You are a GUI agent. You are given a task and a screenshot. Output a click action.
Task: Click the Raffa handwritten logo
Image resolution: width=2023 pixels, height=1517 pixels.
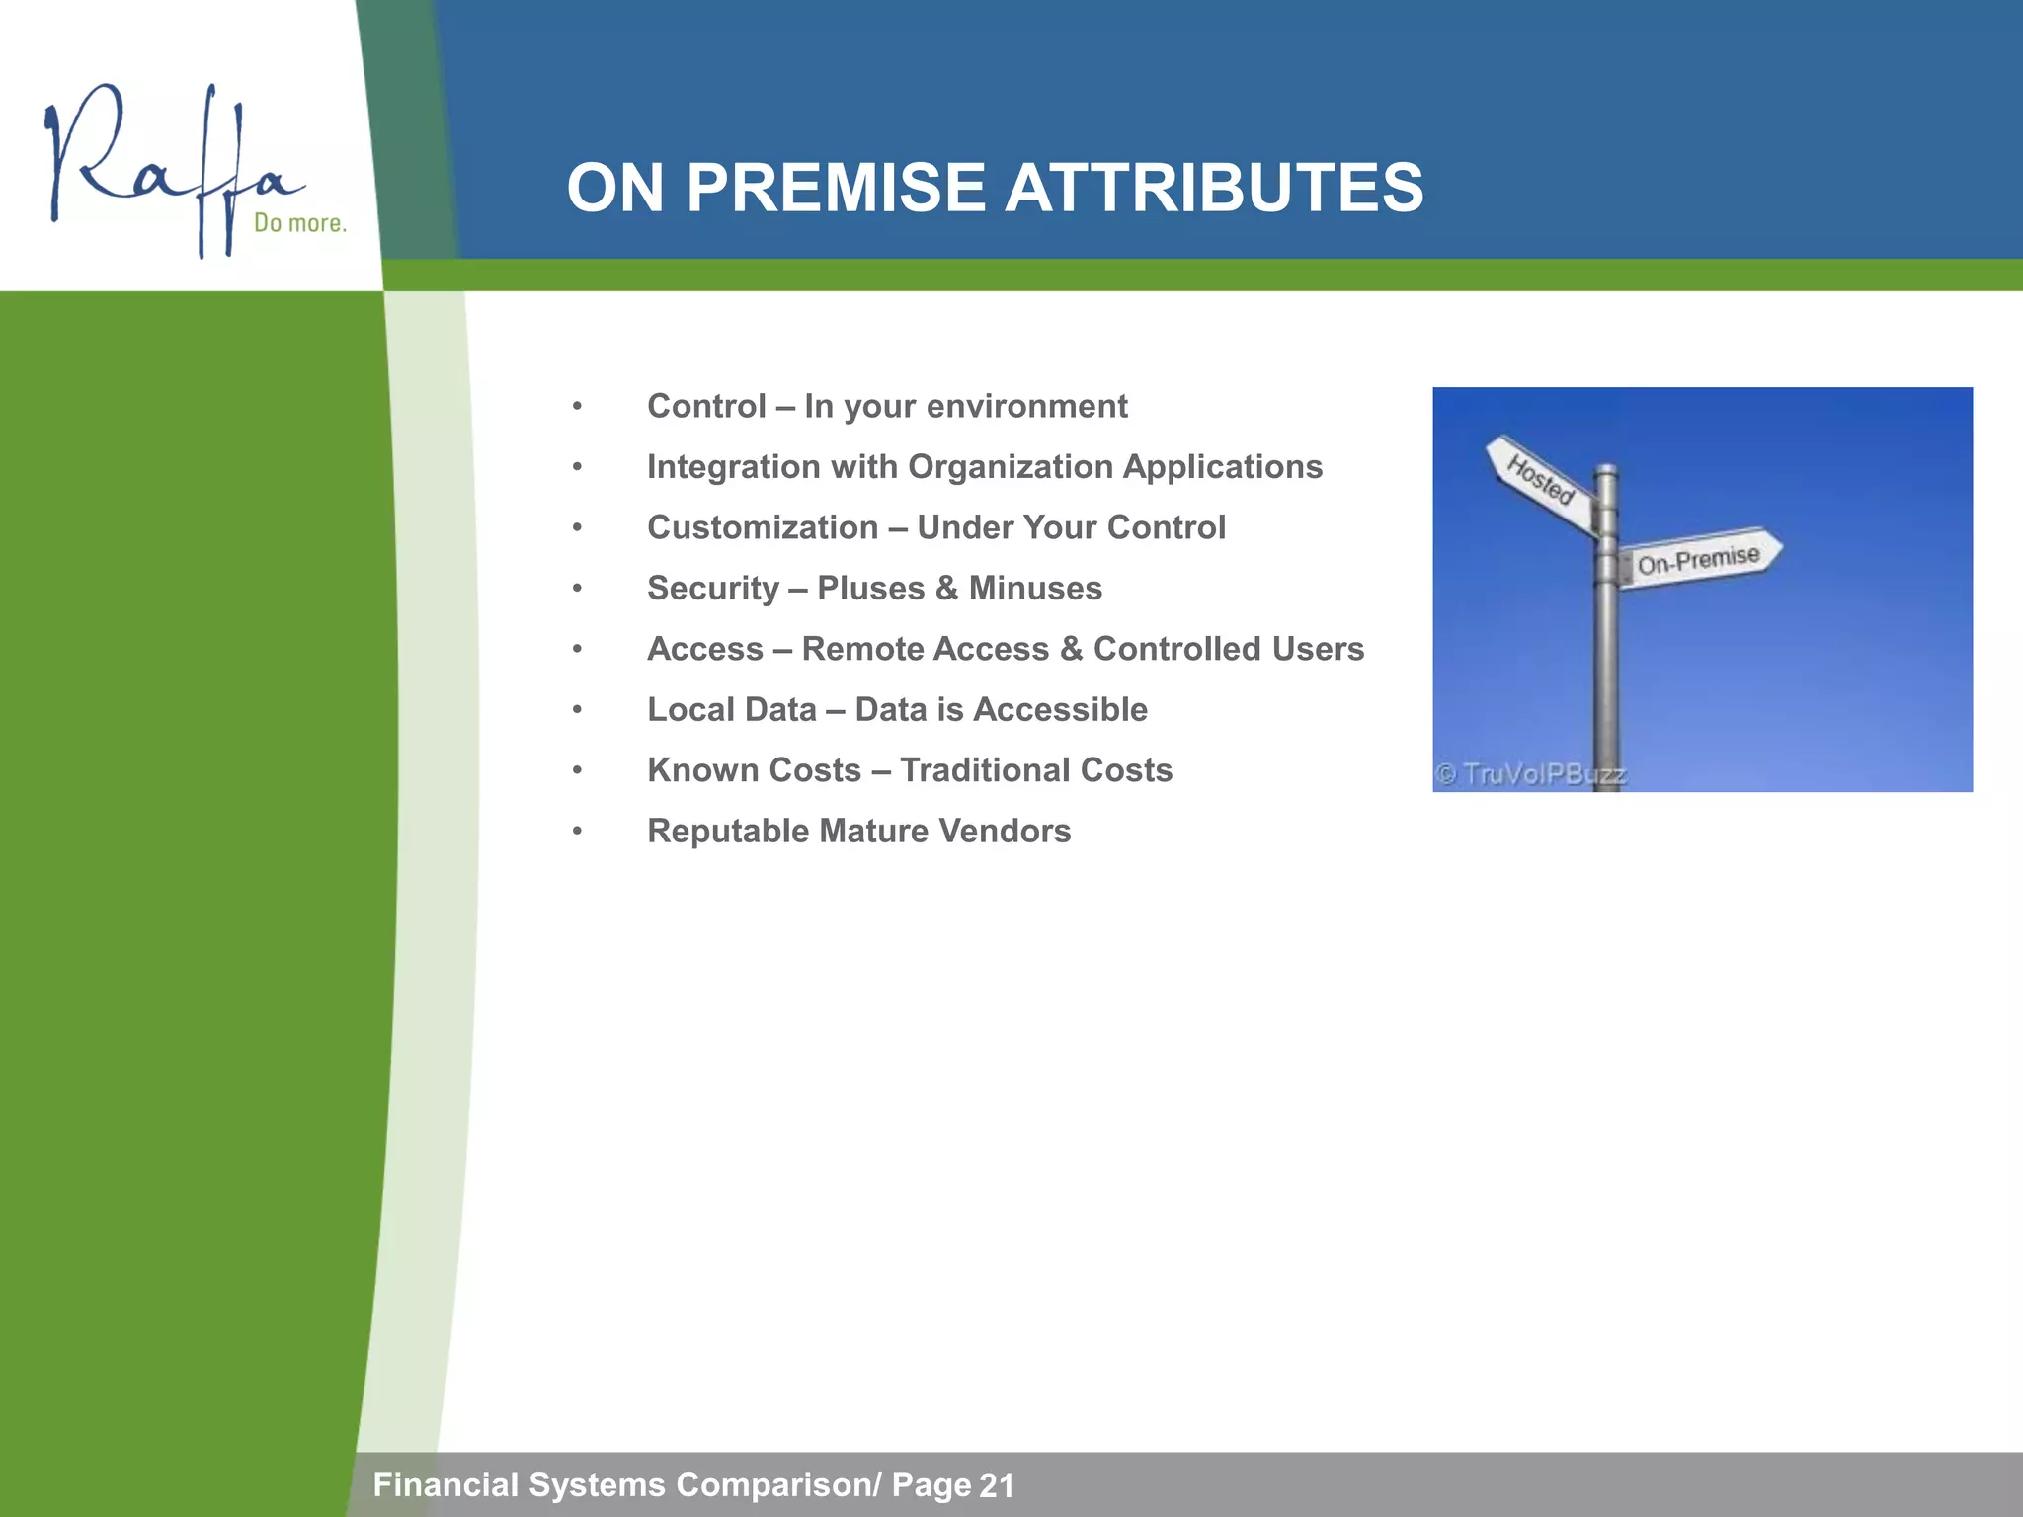[168, 163]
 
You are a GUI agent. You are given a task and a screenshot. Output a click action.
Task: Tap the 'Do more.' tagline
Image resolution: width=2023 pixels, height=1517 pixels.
[300, 223]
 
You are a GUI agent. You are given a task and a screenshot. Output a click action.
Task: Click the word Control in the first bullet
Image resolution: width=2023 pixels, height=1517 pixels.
[706, 406]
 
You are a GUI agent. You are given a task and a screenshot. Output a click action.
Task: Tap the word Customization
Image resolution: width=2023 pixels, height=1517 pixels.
[763, 527]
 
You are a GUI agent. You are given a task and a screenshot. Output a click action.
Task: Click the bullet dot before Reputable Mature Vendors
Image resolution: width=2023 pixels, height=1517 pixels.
[577, 832]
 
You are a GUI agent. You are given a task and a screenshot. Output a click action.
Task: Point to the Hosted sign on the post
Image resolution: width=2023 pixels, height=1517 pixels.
[1540, 478]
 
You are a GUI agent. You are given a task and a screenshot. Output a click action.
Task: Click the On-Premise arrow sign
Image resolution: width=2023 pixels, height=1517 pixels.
[1699, 559]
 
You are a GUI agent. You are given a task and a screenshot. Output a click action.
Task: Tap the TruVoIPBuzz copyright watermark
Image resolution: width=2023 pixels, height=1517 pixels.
[1530, 774]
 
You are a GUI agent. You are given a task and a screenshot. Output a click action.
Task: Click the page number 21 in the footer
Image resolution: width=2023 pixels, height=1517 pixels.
[997, 1485]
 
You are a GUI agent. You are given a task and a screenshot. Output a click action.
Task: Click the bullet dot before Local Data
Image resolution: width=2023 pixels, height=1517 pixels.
[577, 710]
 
